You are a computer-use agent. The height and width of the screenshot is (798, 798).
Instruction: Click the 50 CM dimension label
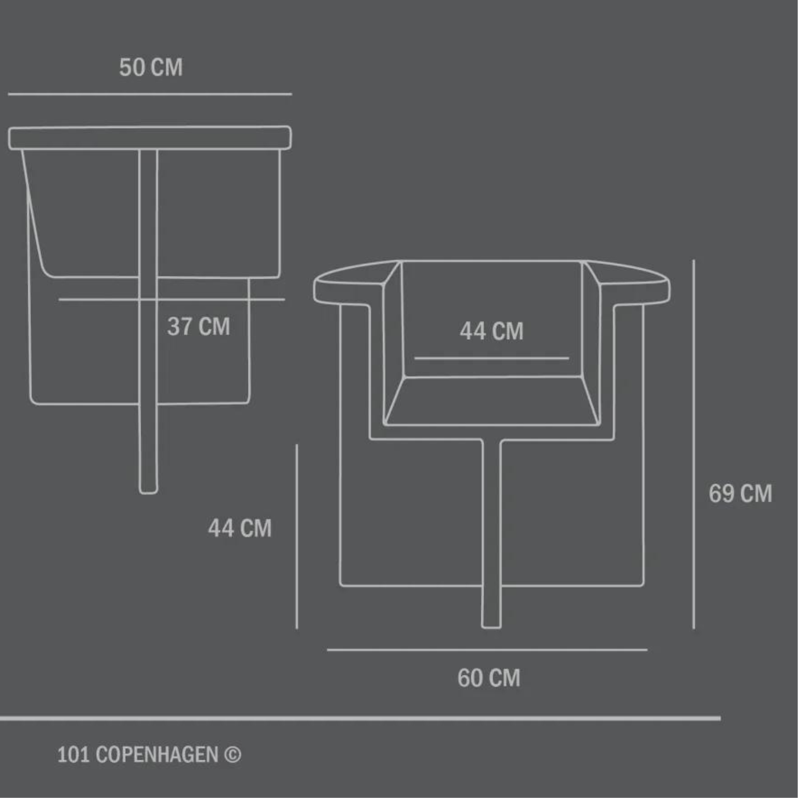(x=151, y=67)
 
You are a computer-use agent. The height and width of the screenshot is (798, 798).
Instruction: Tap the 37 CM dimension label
(x=199, y=327)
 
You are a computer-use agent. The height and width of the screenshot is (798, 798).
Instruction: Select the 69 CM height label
(x=740, y=494)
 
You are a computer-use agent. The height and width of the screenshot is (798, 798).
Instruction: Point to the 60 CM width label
(x=489, y=678)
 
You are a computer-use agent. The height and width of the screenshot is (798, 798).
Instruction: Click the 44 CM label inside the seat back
(x=491, y=331)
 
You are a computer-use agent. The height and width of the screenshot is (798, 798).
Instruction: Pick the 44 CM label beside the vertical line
(x=239, y=528)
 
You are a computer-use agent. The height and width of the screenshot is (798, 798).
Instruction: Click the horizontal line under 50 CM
(x=150, y=94)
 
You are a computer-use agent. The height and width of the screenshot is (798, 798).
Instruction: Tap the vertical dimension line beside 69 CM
(x=694, y=444)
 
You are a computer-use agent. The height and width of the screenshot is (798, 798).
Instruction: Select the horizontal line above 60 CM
(x=487, y=650)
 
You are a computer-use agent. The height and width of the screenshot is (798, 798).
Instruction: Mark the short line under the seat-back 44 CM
(x=491, y=358)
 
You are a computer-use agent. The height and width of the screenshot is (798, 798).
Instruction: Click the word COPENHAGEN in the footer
(x=157, y=755)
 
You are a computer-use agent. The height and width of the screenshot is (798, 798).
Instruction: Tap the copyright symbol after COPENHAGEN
(x=232, y=755)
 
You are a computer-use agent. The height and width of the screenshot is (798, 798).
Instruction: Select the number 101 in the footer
(x=73, y=755)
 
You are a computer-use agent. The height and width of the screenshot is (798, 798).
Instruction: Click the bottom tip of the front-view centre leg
(x=491, y=625)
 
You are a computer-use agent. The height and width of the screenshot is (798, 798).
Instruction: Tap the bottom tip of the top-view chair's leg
(x=148, y=491)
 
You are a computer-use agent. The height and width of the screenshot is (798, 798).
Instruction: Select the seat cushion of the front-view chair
(x=492, y=401)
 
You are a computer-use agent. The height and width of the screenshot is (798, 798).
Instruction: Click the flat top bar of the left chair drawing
(x=150, y=138)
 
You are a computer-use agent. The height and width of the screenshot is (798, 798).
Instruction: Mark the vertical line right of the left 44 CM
(x=297, y=536)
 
